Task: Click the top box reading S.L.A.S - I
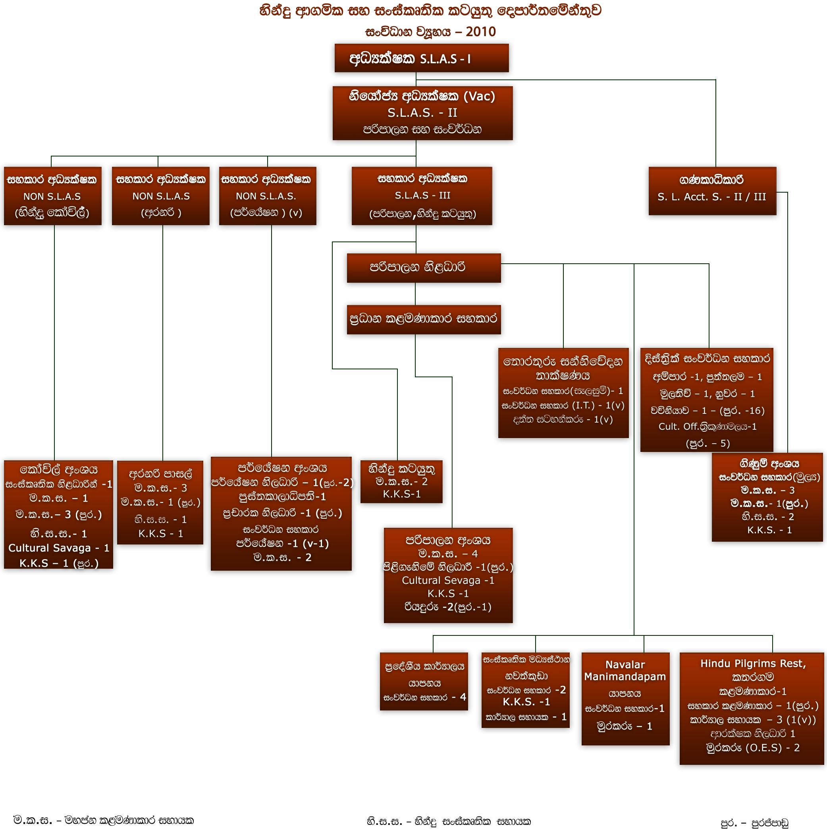pos(421,58)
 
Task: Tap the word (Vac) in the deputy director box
pos(479,96)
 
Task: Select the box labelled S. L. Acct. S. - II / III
pos(712,191)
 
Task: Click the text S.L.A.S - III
pos(422,195)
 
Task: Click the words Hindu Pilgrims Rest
pos(752,664)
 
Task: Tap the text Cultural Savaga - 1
pos(59,548)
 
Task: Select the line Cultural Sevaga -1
pos(448,580)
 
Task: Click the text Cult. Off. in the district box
pos(678,427)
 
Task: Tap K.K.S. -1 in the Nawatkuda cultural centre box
pos(526,702)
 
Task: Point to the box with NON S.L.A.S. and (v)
pos(267,196)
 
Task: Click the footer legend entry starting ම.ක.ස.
pos(104,820)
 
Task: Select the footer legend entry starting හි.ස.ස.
pos(449,821)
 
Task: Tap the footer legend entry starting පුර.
pos(754,823)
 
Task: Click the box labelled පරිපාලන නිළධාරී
pos(424,268)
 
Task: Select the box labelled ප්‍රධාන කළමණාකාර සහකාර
pos(424,319)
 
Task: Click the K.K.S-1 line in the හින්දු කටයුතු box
pos(401,494)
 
